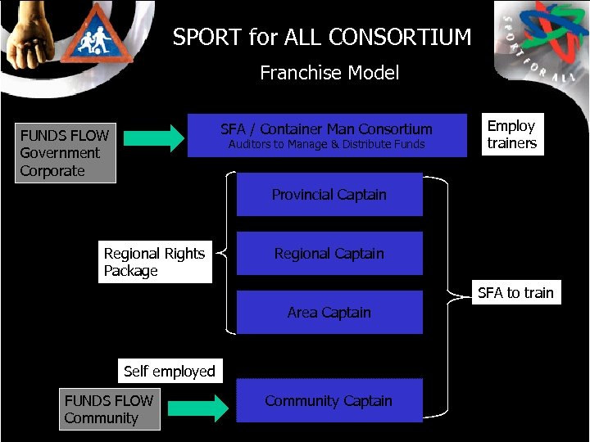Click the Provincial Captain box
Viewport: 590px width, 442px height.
tap(329, 195)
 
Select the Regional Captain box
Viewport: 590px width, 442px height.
tap(329, 254)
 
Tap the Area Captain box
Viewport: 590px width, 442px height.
tap(329, 313)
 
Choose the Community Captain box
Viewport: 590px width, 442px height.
tap(329, 401)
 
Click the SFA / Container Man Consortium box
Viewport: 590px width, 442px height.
tap(327, 135)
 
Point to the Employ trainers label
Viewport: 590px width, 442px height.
tap(511, 135)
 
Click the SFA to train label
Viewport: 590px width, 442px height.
tap(515, 293)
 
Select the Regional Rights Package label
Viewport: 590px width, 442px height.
tap(155, 262)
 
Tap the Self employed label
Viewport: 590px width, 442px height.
tap(169, 372)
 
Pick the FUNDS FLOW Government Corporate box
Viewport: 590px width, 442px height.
tap(66, 153)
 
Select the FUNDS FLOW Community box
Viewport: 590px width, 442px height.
tap(110, 409)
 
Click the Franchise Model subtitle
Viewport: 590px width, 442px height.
tap(329, 73)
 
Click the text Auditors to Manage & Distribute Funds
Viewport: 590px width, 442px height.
tap(326, 145)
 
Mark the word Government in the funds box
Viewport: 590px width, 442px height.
tap(60, 153)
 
